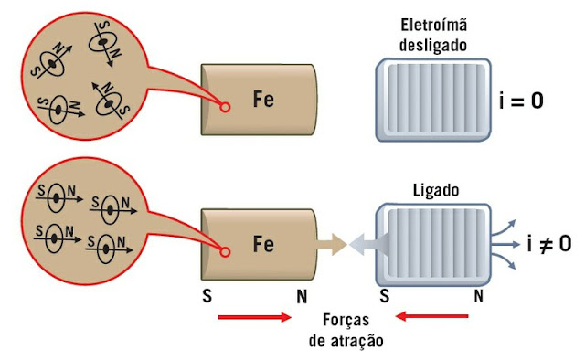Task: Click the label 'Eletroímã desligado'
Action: (429, 35)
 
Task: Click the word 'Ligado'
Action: (428, 193)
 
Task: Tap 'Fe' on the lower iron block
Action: (263, 244)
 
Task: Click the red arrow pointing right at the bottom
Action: (254, 318)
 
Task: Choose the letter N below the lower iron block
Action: (302, 296)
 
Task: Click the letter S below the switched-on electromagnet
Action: (384, 296)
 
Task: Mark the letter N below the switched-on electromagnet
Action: (479, 296)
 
